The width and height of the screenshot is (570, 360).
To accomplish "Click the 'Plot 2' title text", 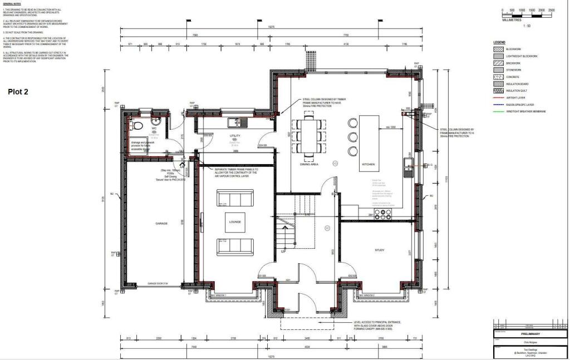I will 19,92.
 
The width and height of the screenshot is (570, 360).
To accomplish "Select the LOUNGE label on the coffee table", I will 234,221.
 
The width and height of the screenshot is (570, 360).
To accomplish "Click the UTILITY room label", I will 234,135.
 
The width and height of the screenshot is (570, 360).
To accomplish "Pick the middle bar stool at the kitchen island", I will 352,137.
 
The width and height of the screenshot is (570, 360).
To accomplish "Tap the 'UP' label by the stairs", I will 283,251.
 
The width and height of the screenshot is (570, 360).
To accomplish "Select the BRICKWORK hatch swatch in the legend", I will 498,63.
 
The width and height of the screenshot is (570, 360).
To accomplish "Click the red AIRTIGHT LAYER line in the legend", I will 498,97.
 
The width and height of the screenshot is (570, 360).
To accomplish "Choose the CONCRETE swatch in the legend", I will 498,77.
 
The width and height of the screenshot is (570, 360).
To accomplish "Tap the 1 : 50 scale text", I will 527,26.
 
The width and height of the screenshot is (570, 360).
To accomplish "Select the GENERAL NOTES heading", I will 12,3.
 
